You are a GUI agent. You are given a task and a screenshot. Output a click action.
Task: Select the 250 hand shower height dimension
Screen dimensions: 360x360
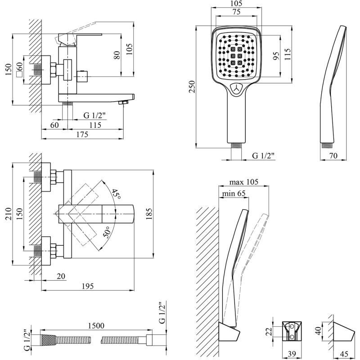point(192,86)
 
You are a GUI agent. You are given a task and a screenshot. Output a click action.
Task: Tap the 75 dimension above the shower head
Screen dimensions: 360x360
point(236,13)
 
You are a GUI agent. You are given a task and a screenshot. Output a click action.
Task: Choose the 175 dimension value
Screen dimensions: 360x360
point(81,135)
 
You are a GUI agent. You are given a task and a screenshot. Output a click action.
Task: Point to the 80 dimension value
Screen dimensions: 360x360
point(117,56)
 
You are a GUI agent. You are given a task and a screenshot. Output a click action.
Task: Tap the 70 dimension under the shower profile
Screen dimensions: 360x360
point(333,156)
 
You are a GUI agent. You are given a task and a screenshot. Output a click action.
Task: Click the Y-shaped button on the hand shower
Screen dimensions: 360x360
point(236,88)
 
